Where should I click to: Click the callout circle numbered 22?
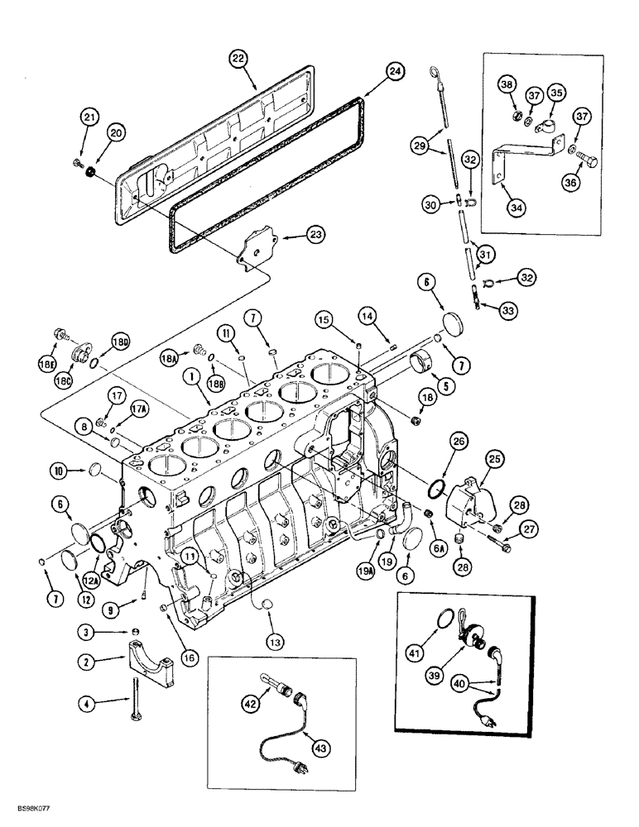(239, 58)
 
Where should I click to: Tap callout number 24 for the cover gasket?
(395, 72)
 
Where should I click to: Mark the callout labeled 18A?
(170, 359)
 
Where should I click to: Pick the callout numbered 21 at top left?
(89, 117)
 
